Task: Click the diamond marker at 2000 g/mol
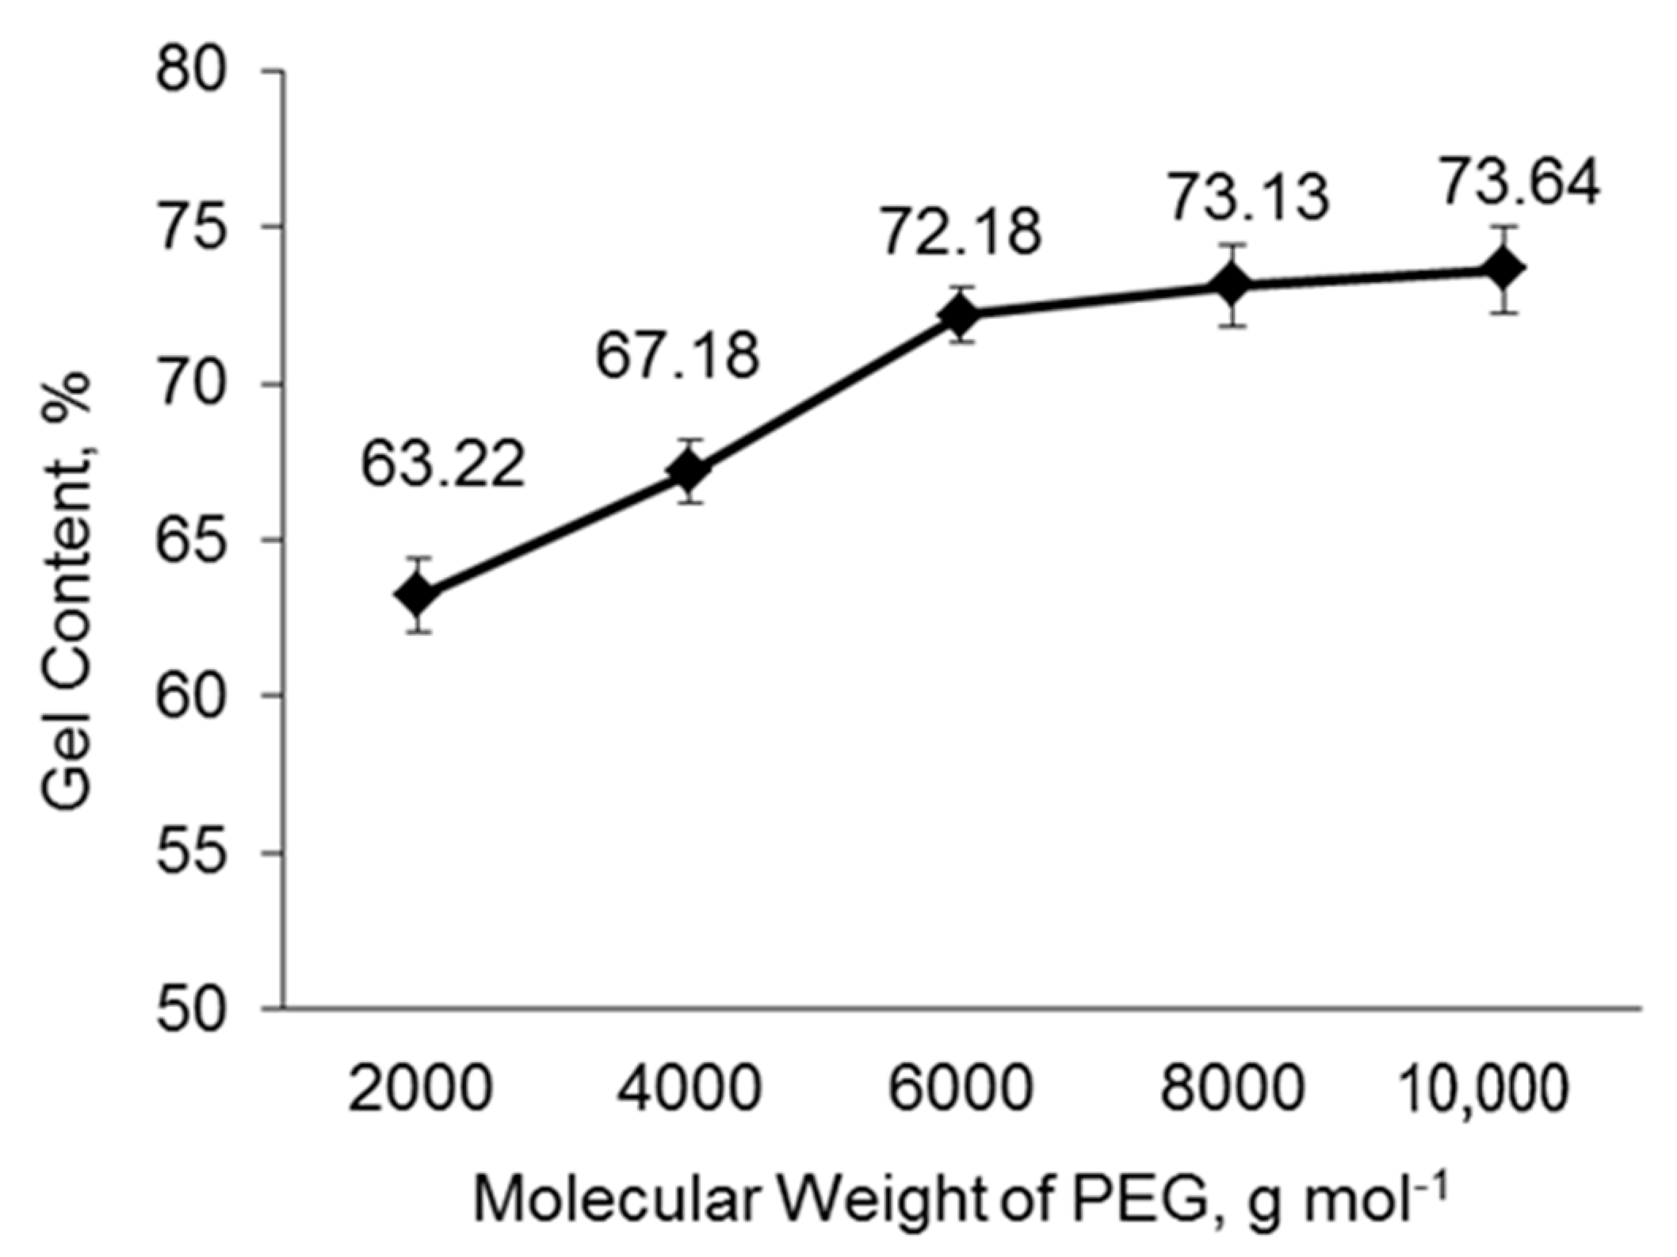(418, 594)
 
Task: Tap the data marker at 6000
(961, 315)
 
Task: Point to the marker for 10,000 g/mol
(1504, 269)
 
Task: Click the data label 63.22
(443, 464)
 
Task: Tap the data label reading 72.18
(961, 232)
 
